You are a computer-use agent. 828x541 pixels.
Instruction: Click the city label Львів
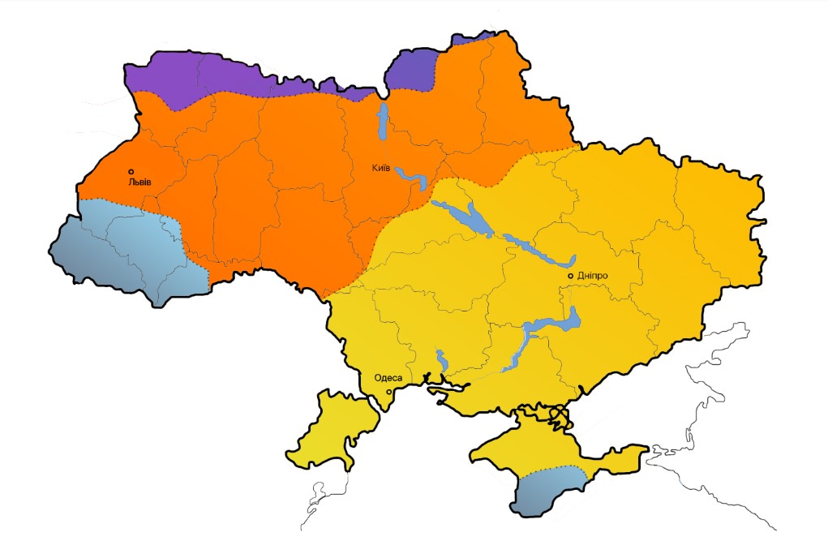coord(139,182)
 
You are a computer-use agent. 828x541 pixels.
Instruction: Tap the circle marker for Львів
coord(131,172)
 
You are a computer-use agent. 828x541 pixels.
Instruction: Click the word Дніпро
coord(592,276)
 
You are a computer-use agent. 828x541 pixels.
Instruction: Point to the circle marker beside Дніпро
coord(571,276)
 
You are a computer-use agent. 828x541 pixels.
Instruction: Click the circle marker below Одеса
coord(388,392)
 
